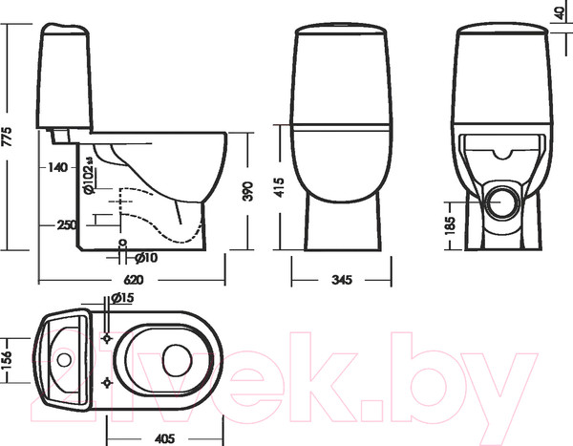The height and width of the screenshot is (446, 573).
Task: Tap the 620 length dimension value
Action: [134, 280]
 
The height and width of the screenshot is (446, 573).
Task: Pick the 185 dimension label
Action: [450, 226]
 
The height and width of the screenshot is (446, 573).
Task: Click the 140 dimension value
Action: [57, 168]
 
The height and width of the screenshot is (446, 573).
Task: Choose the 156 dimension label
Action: [10, 356]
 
